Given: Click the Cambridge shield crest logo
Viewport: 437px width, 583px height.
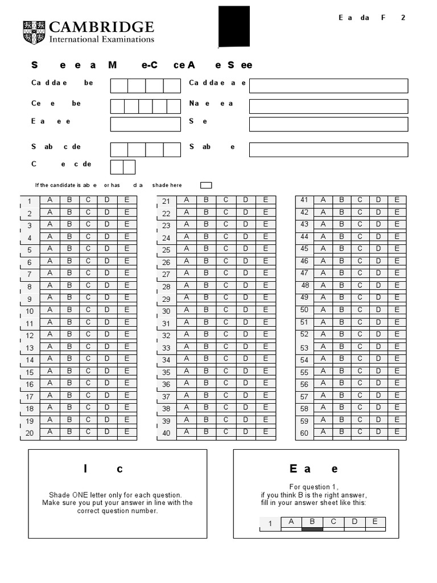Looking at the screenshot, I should click(34, 32).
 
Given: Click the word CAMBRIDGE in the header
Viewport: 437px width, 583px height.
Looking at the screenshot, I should click(102, 27).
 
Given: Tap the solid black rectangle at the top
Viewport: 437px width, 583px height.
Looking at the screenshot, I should click(234, 27).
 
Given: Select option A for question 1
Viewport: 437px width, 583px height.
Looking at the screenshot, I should click(50, 200).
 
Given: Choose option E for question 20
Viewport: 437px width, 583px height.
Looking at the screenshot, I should click(127, 432).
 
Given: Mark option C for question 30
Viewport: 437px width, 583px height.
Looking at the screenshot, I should click(225, 310).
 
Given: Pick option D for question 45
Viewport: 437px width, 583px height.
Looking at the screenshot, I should click(378, 249).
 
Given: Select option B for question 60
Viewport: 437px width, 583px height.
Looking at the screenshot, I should click(341, 432).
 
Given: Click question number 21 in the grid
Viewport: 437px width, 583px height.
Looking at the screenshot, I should click(166, 201).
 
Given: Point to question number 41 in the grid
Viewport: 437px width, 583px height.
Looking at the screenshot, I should click(304, 200).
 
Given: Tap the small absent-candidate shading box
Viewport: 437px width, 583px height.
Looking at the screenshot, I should click(206, 185).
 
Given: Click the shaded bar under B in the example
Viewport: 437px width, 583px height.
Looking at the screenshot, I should click(312, 529).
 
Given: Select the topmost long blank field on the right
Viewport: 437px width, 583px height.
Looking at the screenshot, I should click(328, 85).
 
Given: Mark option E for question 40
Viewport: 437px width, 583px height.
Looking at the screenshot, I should click(265, 432).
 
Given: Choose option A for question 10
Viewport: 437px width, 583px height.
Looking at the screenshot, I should click(50, 310).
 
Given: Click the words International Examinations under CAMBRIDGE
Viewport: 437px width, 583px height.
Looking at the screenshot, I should click(102, 40).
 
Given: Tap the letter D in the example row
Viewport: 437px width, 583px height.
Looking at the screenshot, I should click(354, 522).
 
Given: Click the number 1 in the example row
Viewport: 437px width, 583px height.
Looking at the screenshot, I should click(270, 524).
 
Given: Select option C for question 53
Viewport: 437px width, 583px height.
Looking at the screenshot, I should click(360, 347).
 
